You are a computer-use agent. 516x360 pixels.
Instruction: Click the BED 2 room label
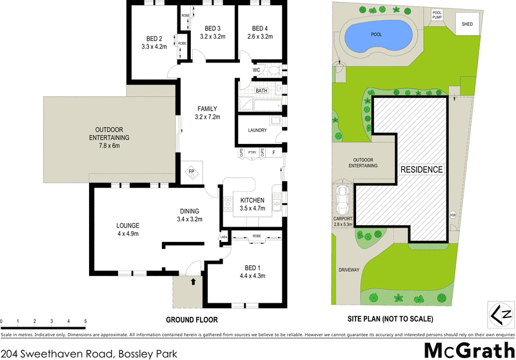(x=154, y=38)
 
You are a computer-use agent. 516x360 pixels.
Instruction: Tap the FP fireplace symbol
(x=192, y=172)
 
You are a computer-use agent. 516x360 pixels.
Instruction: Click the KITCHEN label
(x=253, y=200)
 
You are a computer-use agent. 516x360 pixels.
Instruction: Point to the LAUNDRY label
(x=257, y=131)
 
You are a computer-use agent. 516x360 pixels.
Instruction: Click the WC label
(x=256, y=70)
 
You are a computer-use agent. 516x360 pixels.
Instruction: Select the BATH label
(x=261, y=91)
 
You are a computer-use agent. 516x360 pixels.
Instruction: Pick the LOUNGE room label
(x=128, y=225)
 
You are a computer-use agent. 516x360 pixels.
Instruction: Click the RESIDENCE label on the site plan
(x=422, y=170)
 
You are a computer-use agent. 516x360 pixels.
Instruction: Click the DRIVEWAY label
(x=347, y=270)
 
